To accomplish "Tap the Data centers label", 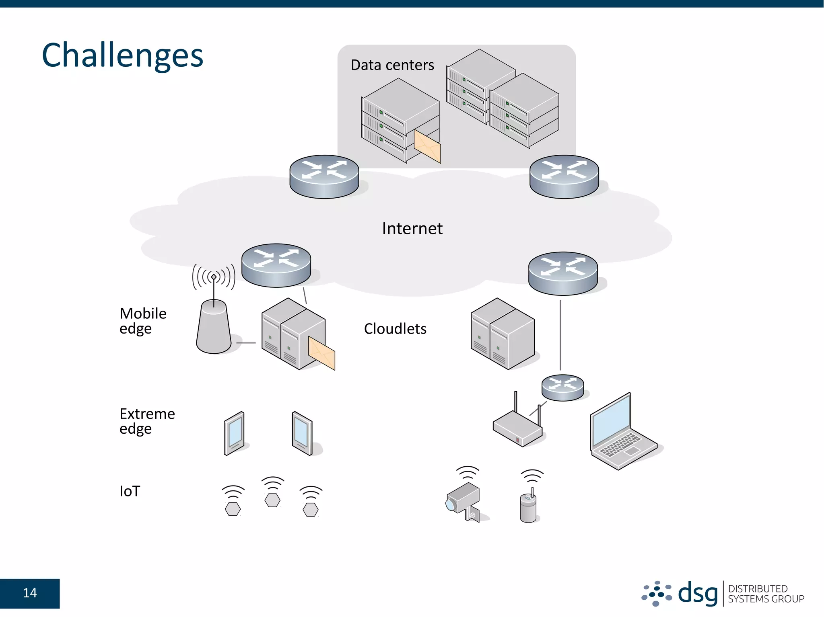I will pyautogui.click(x=392, y=65).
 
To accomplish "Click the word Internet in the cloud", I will pyautogui.click(x=412, y=228).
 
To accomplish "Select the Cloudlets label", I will pyautogui.click(x=395, y=329).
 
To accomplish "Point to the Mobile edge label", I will pyautogui.click(x=143, y=321).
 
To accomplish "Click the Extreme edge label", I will pyautogui.click(x=147, y=421).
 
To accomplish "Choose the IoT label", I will pyautogui.click(x=130, y=491).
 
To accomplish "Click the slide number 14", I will pyautogui.click(x=30, y=593).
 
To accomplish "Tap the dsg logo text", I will pyautogui.click(x=698, y=593).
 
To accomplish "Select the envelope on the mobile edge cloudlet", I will pyautogui.click(x=321, y=353).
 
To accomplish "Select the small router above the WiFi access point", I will pyautogui.click(x=562, y=387).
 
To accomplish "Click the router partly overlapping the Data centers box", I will pyautogui.click(x=324, y=176).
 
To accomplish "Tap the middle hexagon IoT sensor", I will pyautogui.click(x=272, y=500).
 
